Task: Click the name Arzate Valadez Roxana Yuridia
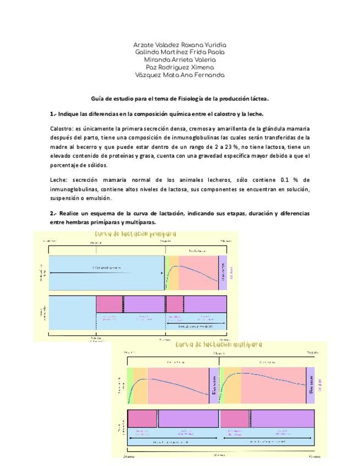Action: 180,45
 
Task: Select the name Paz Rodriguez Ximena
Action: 180,67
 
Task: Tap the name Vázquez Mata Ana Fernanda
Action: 180,75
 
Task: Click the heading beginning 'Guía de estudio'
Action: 180,99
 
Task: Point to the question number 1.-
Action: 53,114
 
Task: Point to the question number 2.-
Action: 53,213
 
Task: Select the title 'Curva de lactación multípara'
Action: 218,345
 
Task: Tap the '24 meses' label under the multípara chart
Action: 128,456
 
